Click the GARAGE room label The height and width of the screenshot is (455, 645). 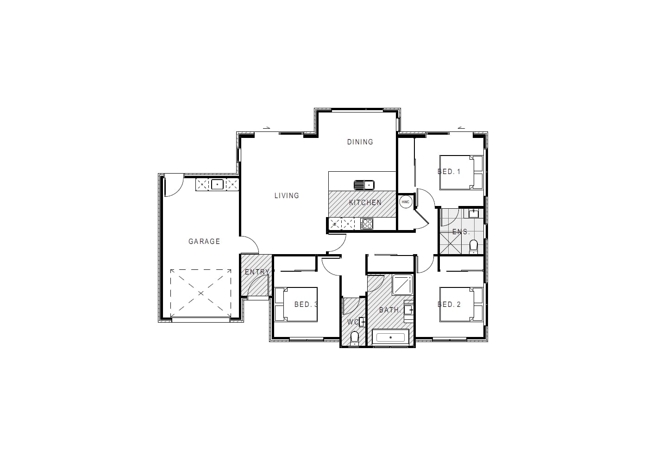tap(204, 241)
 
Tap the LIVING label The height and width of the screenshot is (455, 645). tap(287, 195)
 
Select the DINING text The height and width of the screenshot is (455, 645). tap(360, 142)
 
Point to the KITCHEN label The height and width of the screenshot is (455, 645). tap(365, 202)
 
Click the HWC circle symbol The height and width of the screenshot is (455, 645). tap(405, 202)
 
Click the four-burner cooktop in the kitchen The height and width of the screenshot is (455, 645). tap(367, 224)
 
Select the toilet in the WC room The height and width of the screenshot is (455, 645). tap(355, 338)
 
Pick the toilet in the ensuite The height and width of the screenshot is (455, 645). tap(473, 246)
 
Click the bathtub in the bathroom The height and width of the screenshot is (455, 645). tap(391, 337)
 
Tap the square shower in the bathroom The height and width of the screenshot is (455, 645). tap(403, 285)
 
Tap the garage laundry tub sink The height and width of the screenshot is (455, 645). tap(217, 185)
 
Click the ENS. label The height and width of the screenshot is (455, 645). tap(461, 231)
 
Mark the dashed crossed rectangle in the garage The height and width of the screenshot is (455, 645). tap(200, 293)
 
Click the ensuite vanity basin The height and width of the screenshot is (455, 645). tap(473, 213)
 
